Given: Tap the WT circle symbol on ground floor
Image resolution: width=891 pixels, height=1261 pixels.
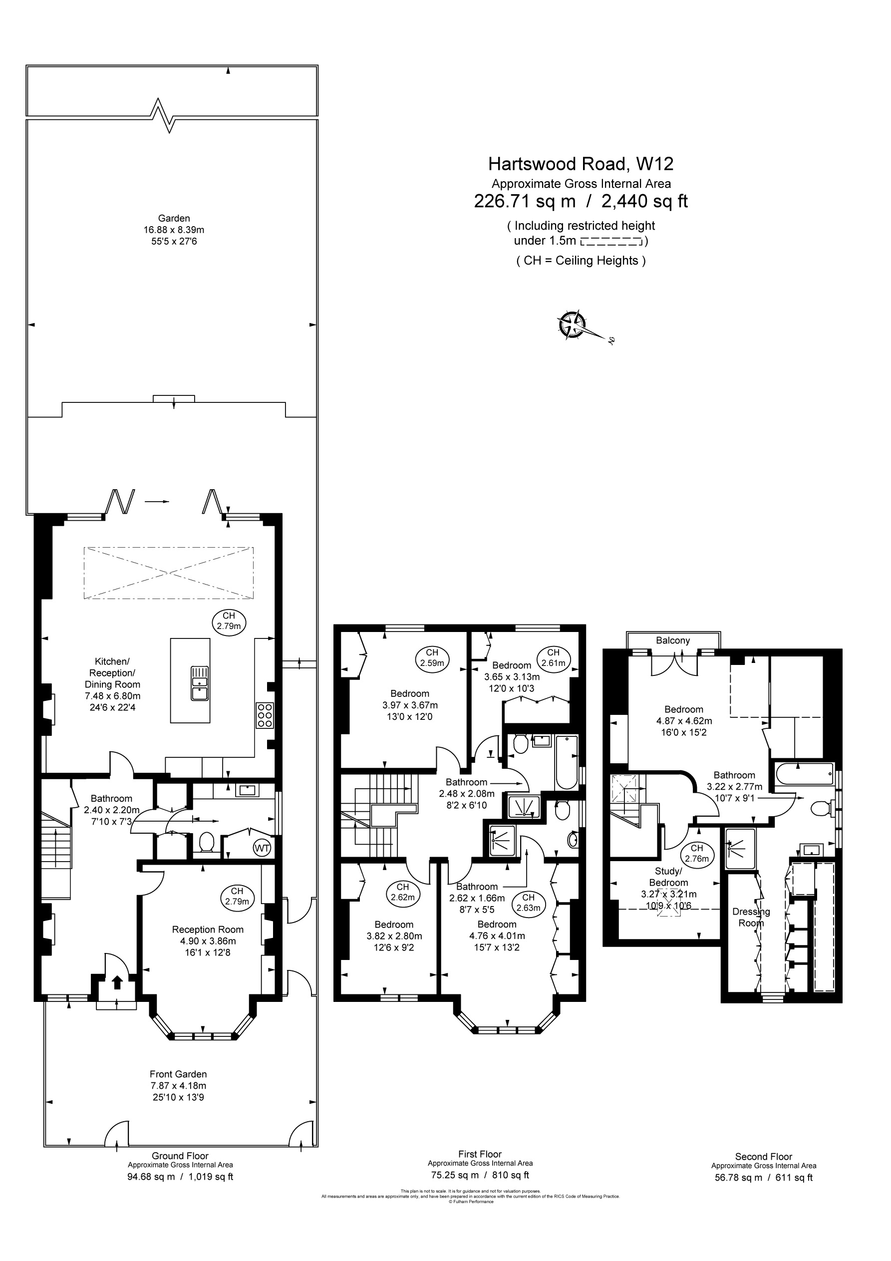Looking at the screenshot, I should tap(262, 848).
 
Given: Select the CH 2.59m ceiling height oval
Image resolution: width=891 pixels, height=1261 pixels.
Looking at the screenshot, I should tap(432, 657).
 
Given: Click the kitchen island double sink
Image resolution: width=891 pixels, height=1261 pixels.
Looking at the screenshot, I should tap(199, 683).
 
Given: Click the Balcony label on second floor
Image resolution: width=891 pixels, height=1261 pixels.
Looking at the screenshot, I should tap(672, 640).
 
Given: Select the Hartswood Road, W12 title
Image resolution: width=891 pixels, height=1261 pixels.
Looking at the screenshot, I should tap(581, 164).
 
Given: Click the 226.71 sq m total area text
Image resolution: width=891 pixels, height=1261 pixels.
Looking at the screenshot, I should tap(525, 202).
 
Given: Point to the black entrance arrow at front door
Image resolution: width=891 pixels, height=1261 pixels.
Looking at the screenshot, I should tap(116, 982).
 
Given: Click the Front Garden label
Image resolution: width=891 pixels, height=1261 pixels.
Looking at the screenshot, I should tap(178, 1074).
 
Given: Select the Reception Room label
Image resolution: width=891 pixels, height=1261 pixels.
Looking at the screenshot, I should tap(208, 929).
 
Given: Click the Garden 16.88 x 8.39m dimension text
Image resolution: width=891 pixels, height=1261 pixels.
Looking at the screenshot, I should tap(174, 230).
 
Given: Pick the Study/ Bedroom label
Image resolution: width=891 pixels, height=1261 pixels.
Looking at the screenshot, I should tap(668, 877).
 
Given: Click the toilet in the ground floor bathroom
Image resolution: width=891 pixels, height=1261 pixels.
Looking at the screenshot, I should tap(207, 841).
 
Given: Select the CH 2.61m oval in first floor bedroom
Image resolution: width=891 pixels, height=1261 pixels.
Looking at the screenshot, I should tap(553, 657).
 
